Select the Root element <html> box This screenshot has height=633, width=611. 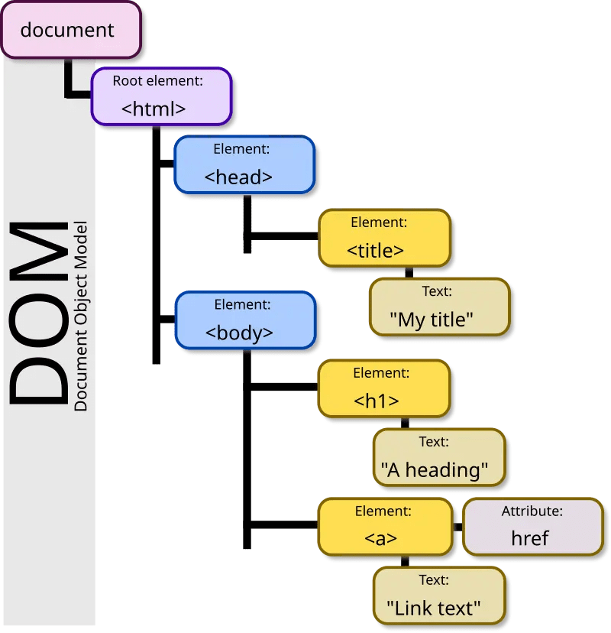160,96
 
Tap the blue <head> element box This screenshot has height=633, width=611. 244,164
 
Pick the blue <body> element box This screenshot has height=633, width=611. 244,320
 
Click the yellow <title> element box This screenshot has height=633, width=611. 383,238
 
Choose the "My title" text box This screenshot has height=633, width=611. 438,307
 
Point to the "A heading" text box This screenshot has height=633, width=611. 439,457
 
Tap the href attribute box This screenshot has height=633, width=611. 532,526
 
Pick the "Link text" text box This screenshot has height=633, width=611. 438,595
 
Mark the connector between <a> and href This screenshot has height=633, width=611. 457,527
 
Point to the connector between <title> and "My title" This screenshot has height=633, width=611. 409,272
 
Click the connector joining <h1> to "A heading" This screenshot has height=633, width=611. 405,423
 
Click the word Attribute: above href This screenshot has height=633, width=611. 532,511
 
